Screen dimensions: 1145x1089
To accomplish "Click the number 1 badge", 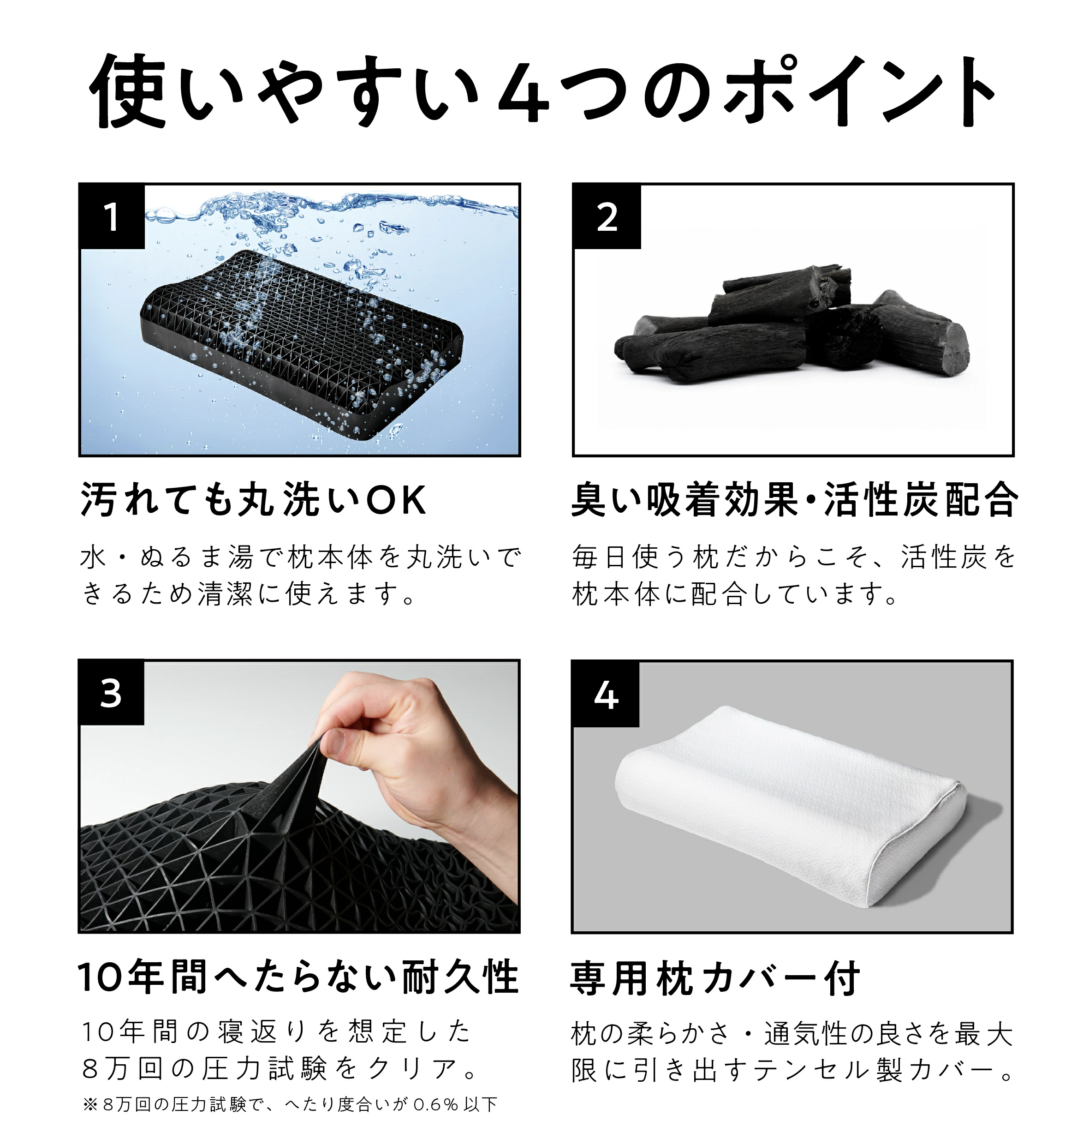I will point(112,217).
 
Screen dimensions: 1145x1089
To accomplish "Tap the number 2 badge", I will point(607,217).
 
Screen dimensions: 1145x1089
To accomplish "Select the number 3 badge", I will point(111,692).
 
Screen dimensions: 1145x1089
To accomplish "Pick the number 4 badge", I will point(606,694).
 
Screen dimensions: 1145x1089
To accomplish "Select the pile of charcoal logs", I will point(792,328).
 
